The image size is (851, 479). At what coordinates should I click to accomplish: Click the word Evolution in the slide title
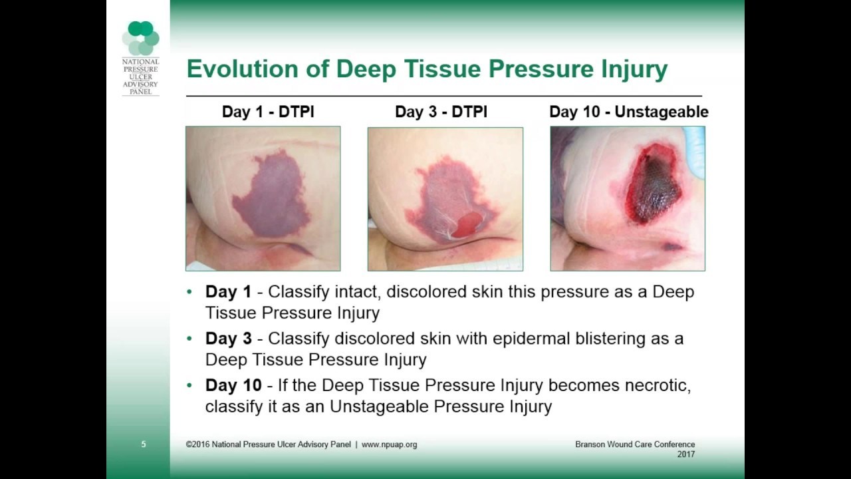[243, 69]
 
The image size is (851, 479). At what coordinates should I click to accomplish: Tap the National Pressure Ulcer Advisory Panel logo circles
[140, 38]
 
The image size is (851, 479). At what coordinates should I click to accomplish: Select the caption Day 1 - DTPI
[268, 112]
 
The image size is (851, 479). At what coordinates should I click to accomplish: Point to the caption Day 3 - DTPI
[441, 112]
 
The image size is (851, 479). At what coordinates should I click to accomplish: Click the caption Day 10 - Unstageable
[629, 112]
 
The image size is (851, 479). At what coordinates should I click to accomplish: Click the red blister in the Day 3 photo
[467, 225]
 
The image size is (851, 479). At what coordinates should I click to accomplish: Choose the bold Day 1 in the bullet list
[228, 291]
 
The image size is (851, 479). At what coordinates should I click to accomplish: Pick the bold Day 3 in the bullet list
[228, 339]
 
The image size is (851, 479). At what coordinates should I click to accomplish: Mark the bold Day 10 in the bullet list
[233, 385]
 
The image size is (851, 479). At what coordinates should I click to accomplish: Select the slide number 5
[143, 444]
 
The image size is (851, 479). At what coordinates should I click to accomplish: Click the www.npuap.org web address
[389, 444]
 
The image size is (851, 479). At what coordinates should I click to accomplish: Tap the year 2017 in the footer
[685, 454]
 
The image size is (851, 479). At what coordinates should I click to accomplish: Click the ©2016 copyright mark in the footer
[197, 444]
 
